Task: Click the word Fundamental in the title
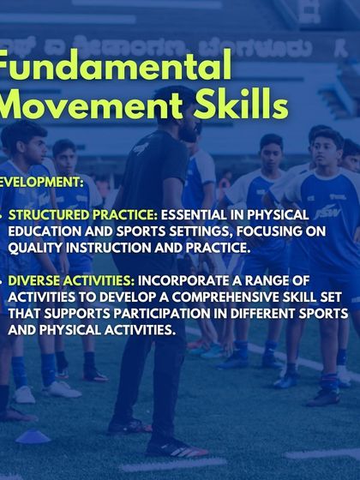(x=116, y=67)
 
